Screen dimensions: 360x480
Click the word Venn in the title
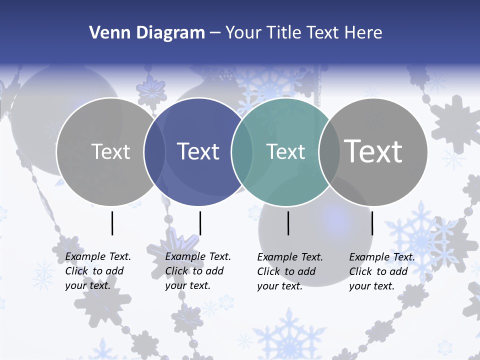(x=105, y=33)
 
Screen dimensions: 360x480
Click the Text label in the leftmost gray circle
(x=110, y=151)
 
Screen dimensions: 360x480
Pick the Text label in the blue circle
(x=198, y=151)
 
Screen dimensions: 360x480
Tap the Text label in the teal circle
(x=285, y=151)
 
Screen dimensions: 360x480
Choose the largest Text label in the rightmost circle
(x=373, y=151)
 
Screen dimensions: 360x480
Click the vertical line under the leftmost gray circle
(x=112, y=223)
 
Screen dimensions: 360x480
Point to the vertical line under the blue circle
(x=200, y=223)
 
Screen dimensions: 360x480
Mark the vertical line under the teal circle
(x=288, y=223)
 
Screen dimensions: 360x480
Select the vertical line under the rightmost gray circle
(x=372, y=223)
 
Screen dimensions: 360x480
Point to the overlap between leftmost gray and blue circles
(x=154, y=152)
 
